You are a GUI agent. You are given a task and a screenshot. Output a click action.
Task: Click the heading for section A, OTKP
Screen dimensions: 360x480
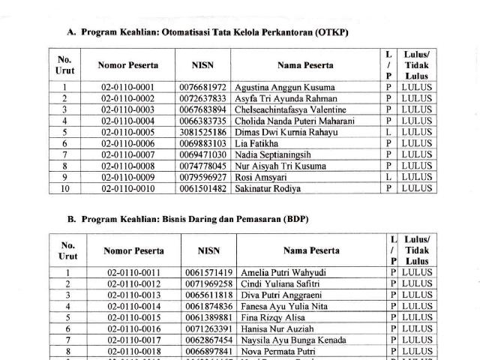point(208,32)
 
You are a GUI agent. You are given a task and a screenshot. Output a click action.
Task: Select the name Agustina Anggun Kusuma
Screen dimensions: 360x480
point(285,88)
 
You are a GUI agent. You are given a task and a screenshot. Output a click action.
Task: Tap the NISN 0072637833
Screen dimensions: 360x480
point(202,98)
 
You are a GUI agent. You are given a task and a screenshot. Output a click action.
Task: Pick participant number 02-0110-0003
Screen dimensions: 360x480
point(127,109)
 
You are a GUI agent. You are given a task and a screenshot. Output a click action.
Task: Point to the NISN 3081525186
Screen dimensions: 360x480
point(202,132)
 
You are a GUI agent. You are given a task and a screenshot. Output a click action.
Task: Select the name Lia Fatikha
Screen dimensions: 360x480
point(256,143)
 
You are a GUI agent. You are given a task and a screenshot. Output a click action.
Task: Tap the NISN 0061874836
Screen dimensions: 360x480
point(208,306)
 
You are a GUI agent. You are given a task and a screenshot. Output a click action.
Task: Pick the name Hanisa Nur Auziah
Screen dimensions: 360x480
point(276,328)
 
